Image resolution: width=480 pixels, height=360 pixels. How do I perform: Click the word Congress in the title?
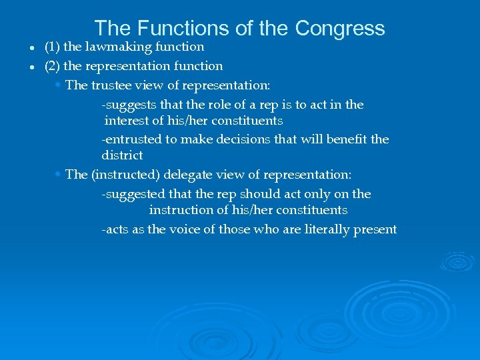(340, 28)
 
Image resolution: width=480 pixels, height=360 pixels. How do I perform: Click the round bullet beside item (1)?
(32, 49)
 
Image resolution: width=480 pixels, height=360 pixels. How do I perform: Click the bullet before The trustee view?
(58, 85)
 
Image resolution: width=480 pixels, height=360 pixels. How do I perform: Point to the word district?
(122, 155)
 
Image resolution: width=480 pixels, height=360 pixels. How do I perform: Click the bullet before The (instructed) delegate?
(58, 174)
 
